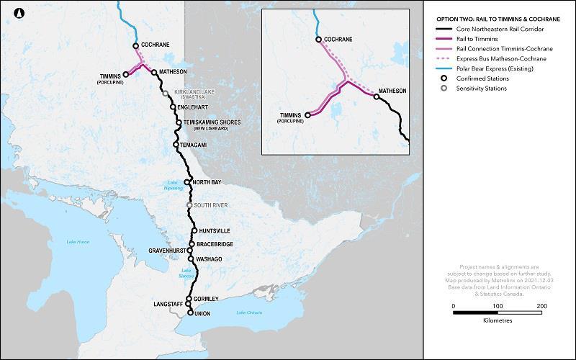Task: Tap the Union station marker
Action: [190, 313]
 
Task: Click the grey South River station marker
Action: [189, 205]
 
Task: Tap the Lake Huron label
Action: [78, 241]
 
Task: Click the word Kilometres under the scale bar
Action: [498, 320]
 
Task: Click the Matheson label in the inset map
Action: [392, 91]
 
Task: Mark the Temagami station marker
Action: [176, 145]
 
